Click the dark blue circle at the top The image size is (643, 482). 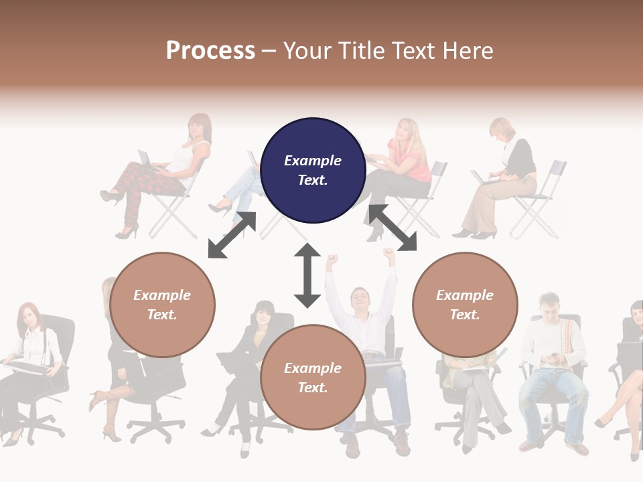(x=313, y=170)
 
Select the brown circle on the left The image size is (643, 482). (x=162, y=305)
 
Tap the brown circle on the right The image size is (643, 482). (x=465, y=305)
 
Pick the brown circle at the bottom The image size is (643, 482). (x=313, y=377)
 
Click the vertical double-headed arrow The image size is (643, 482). (x=307, y=275)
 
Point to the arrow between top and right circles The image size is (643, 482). (x=393, y=228)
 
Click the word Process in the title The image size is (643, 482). (x=210, y=50)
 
